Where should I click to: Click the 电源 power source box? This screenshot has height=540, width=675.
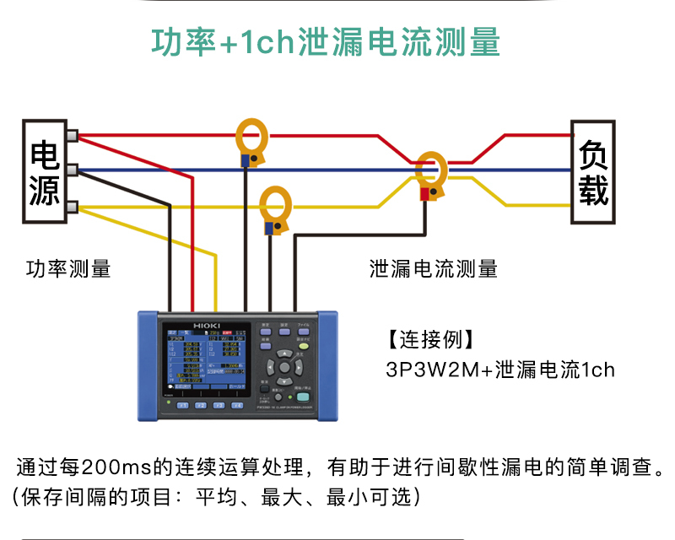44,172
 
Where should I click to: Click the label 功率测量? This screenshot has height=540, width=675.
68,269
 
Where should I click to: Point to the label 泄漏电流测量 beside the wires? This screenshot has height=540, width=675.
434,269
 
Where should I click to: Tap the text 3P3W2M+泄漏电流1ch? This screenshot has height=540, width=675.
500,370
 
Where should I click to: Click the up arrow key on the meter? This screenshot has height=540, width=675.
284,354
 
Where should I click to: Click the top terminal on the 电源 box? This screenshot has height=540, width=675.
73,135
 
